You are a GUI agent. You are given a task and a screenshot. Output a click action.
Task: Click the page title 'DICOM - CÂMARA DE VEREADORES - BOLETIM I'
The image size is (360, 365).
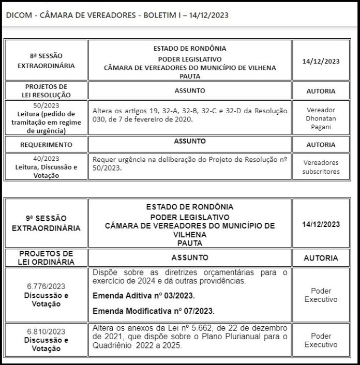(117, 15)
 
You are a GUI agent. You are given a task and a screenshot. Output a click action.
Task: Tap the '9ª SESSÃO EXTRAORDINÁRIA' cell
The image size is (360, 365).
(46, 223)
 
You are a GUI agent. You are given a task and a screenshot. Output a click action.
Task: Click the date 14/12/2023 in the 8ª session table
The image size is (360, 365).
(321, 60)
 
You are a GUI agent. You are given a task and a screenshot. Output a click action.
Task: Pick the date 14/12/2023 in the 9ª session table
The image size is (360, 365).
(321, 224)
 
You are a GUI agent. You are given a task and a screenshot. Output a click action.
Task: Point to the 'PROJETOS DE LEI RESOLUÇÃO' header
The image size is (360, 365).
(46, 91)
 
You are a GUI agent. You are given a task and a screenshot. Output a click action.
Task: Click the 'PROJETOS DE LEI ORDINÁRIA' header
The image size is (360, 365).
(46, 257)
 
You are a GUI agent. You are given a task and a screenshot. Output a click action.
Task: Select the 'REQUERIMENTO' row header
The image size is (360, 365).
(46, 145)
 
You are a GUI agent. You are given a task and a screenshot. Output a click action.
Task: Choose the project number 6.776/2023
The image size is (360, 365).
(46, 286)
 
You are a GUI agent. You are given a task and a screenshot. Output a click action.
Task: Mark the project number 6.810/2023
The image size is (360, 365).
(46, 332)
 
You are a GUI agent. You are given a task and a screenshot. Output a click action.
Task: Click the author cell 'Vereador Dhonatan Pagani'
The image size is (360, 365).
(321, 118)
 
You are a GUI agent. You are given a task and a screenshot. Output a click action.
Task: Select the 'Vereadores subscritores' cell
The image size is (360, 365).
(321, 167)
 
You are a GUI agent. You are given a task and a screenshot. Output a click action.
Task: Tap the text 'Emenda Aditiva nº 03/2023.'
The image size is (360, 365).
(143, 296)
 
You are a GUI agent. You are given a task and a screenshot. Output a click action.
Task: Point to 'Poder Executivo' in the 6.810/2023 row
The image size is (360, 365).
(321, 340)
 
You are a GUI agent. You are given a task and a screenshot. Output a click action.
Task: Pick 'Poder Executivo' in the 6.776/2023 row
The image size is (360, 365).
(321, 295)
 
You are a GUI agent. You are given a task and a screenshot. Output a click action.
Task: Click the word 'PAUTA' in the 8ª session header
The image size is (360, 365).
(190, 76)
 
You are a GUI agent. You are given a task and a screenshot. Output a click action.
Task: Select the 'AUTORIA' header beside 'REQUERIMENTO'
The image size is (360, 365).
(321, 145)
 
